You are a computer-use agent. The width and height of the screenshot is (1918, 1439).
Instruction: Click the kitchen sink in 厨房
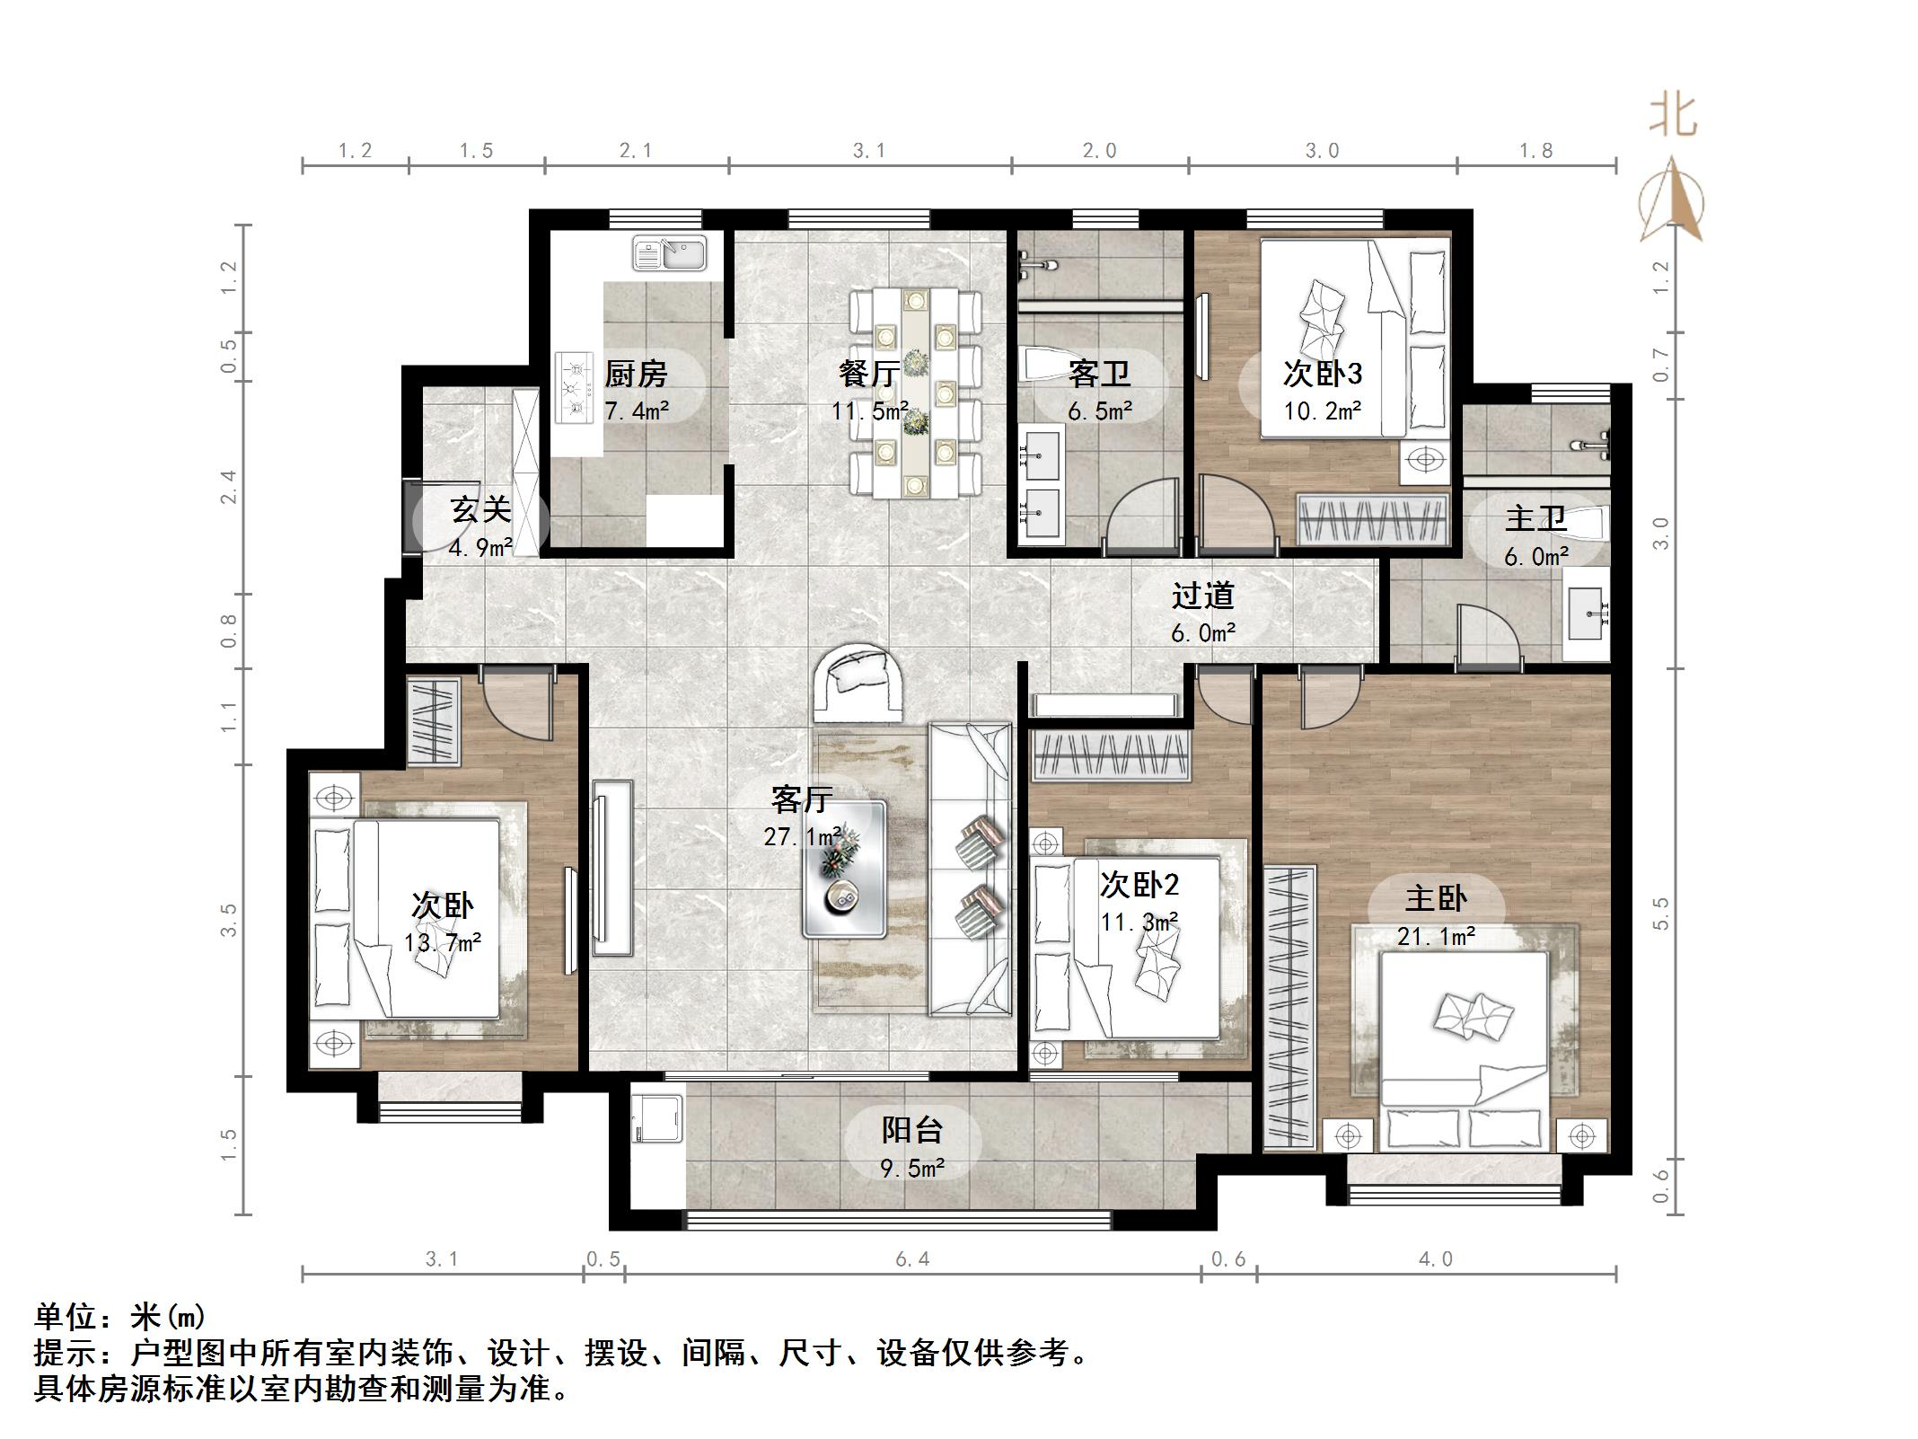(669, 253)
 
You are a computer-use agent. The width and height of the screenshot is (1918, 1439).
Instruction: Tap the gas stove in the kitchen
(576, 388)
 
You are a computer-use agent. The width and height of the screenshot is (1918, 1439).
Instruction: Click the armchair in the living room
(859, 682)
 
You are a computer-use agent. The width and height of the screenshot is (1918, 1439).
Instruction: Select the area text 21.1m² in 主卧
(1436, 937)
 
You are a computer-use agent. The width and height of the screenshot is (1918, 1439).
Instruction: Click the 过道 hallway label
(1202, 596)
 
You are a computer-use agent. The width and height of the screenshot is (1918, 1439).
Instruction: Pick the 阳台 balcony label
(911, 1130)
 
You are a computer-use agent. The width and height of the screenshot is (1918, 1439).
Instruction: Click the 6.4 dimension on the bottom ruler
(911, 1259)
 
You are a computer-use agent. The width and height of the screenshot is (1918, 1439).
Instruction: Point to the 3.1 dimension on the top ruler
(868, 151)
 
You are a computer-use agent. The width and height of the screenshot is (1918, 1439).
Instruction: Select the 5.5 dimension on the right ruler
(1660, 914)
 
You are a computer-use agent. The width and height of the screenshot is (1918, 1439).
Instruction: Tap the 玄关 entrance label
(480, 510)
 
